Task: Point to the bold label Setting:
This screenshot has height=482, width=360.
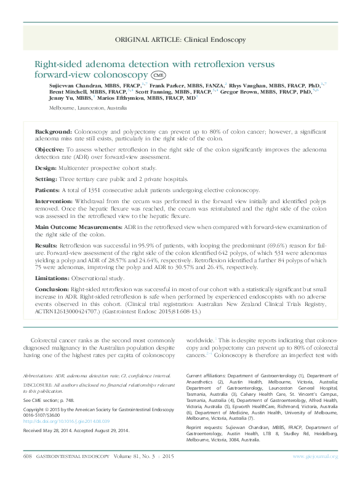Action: pyautogui.click(x=47, y=179)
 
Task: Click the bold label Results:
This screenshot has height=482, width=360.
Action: pyautogui.click(x=47, y=244)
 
